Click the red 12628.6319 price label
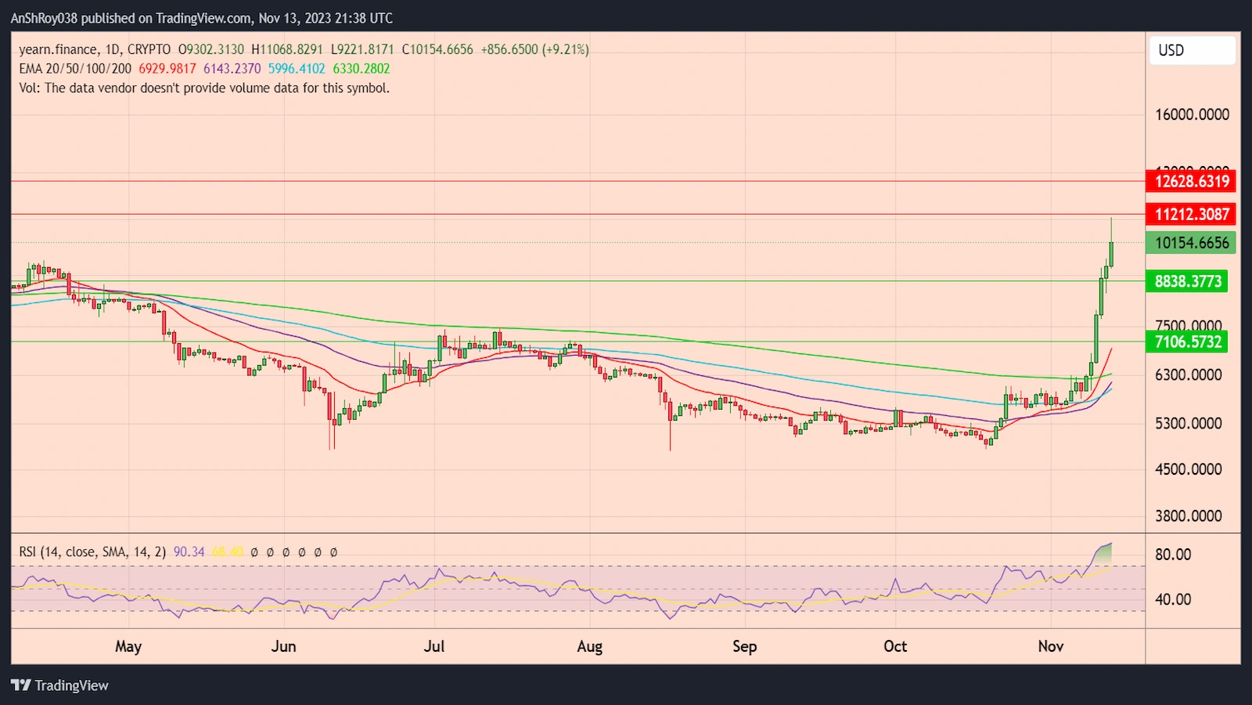(1191, 181)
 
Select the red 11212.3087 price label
(1191, 214)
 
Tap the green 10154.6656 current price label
(1191, 243)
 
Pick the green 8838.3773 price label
(1187, 281)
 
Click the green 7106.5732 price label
(1187, 342)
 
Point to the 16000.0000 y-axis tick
(1192, 114)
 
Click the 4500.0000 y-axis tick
(1188, 469)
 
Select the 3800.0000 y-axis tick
(1188, 516)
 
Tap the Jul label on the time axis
(434, 646)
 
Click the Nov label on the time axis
(1050, 646)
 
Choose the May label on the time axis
(128, 646)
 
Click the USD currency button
(1192, 51)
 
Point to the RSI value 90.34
(189, 552)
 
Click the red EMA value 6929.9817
(167, 69)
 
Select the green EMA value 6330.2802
(362, 69)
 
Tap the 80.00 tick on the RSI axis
(1173, 555)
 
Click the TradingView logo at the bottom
(60, 685)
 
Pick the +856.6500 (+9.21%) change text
(534, 49)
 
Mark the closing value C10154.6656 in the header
(437, 49)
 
